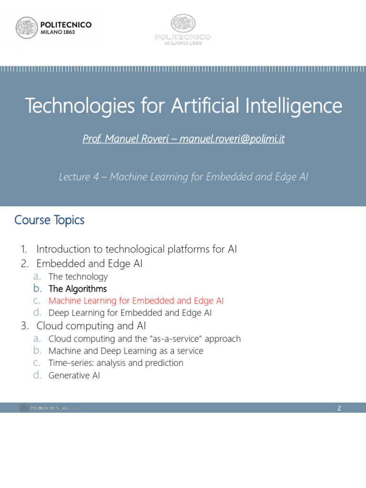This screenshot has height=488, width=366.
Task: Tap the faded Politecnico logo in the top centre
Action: click(x=183, y=30)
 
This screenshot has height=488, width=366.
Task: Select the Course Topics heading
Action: click(x=49, y=220)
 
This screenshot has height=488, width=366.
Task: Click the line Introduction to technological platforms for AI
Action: click(x=136, y=249)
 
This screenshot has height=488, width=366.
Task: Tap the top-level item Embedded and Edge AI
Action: click(x=89, y=264)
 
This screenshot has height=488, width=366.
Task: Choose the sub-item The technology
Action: click(x=78, y=277)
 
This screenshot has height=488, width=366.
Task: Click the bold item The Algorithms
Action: click(x=78, y=289)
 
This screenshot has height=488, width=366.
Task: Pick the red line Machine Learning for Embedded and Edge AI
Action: click(x=136, y=301)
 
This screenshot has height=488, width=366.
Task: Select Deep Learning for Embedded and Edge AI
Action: click(x=130, y=313)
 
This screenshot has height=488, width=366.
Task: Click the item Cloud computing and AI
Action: click(x=91, y=326)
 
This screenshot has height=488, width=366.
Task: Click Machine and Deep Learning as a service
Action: click(x=126, y=351)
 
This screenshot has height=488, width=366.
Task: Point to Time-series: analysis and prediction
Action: click(x=116, y=363)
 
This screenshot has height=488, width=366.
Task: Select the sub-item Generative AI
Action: click(x=74, y=376)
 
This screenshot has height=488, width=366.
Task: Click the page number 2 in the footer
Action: click(x=339, y=408)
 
